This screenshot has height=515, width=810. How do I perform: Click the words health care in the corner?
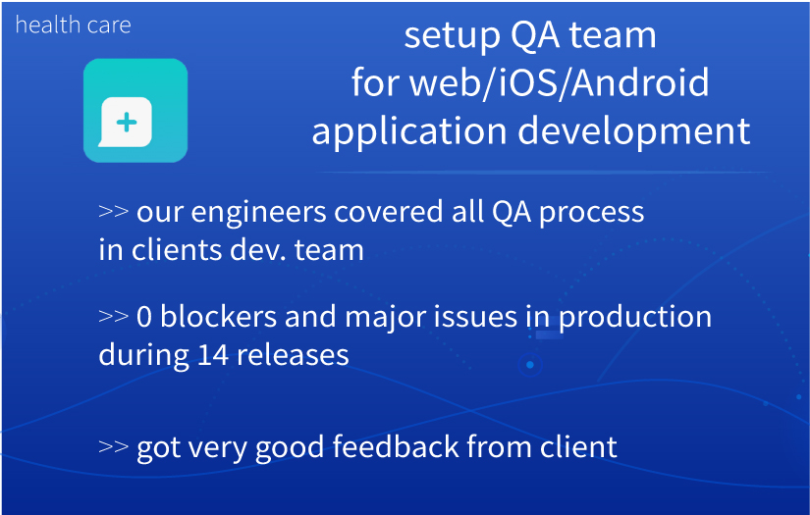[73, 25]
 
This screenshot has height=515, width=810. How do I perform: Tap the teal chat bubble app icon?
[135, 111]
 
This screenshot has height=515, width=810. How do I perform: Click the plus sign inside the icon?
[127, 123]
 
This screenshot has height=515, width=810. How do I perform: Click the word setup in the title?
[452, 36]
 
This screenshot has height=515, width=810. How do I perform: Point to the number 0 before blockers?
[144, 317]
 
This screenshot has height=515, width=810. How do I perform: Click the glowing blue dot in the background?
[530, 365]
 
